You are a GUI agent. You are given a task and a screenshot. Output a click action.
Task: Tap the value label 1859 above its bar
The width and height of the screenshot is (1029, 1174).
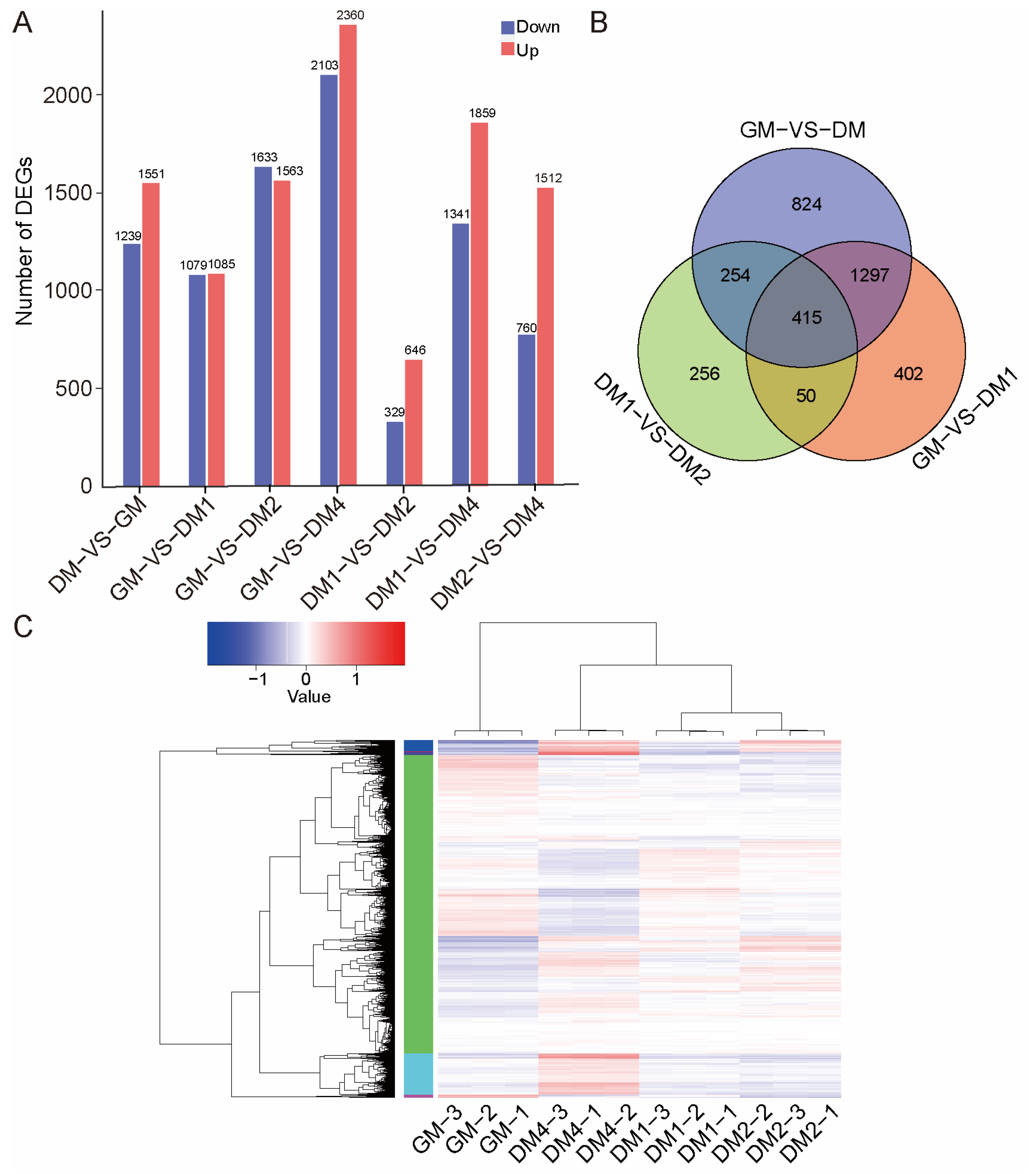(x=482, y=113)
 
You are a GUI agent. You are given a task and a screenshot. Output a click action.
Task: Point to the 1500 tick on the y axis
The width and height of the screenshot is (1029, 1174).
(x=68, y=193)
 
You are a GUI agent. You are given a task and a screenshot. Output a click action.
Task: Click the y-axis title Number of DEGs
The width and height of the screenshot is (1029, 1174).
(x=24, y=241)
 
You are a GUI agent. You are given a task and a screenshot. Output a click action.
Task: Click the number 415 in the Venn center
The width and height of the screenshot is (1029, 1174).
(x=806, y=318)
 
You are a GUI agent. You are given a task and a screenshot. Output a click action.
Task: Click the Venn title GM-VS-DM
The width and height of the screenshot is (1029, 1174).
(x=802, y=130)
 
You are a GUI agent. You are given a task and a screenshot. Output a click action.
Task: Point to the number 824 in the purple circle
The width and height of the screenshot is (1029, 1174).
(x=806, y=204)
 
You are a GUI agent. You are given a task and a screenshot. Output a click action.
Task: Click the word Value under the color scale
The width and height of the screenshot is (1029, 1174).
(x=309, y=697)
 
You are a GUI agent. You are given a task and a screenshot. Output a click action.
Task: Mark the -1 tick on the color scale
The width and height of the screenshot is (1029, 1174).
(x=258, y=679)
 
